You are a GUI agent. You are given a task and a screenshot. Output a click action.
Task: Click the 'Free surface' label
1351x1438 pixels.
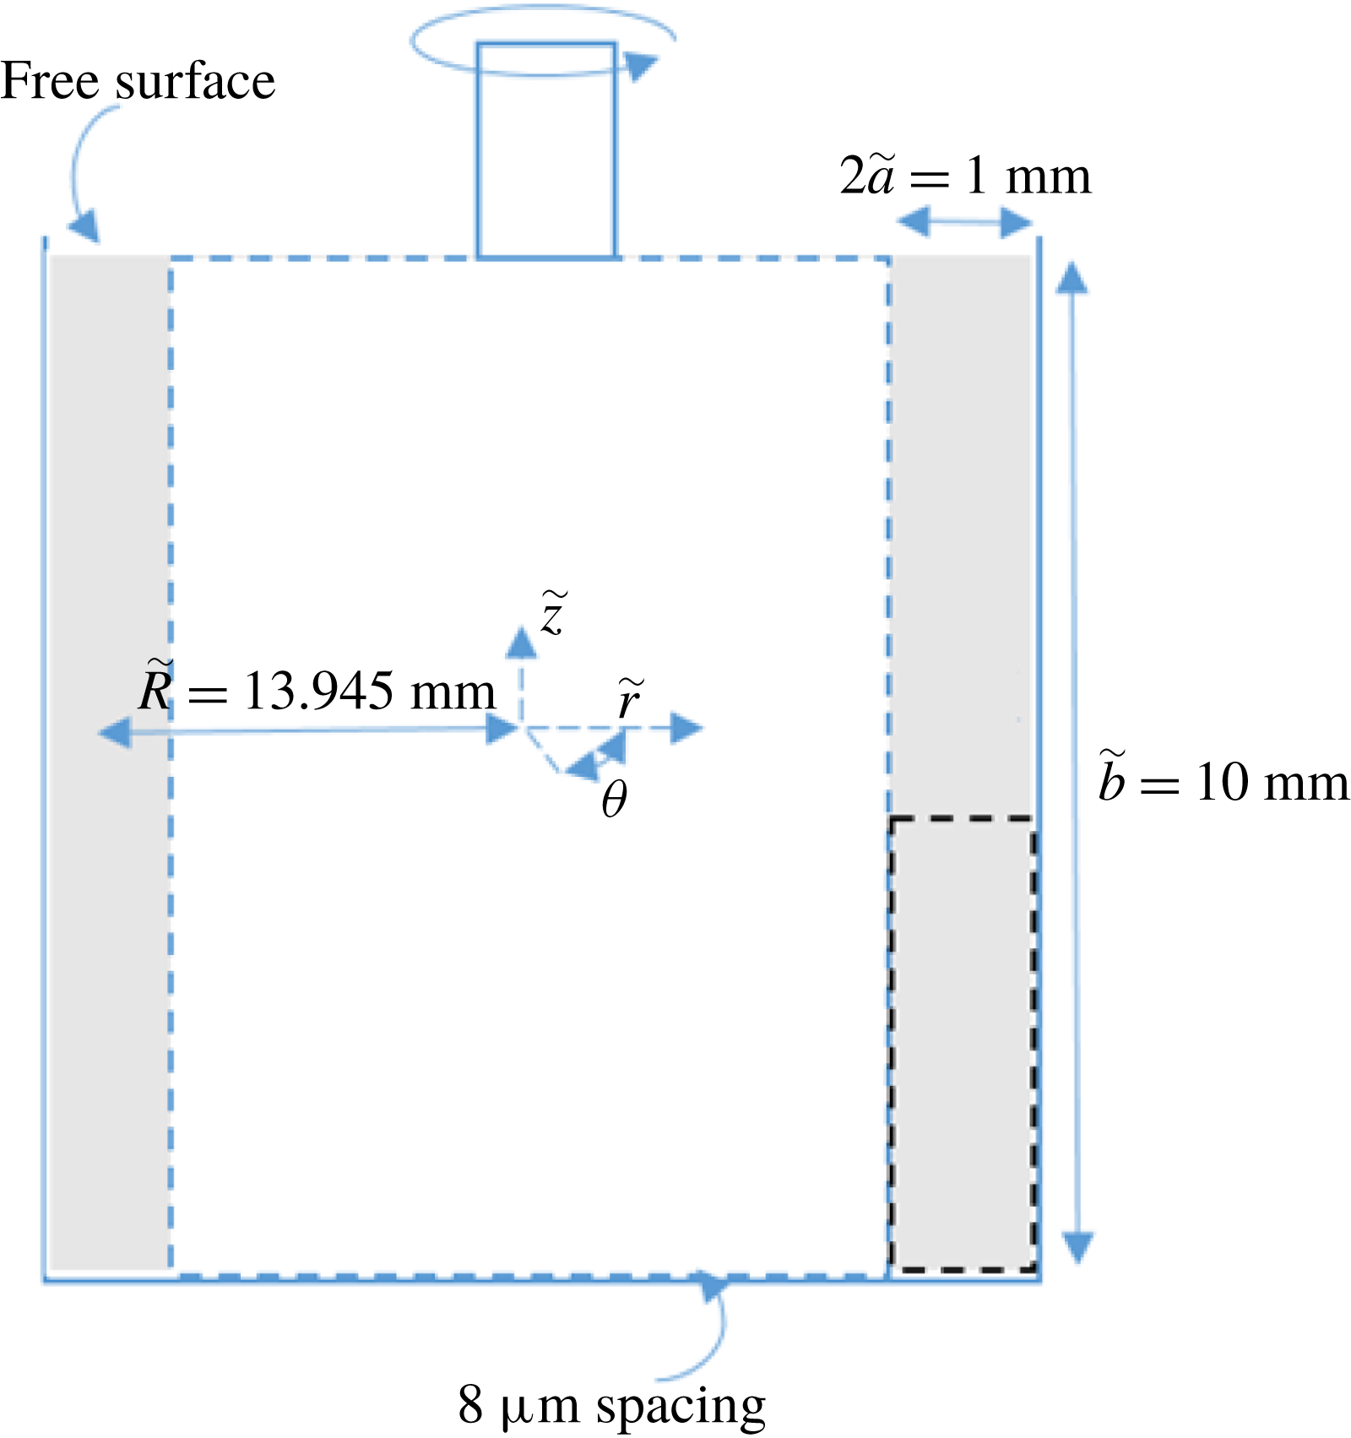click(x=138, y=82)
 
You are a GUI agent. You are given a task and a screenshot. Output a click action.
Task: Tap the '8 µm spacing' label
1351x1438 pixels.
click(x=611, y=1403)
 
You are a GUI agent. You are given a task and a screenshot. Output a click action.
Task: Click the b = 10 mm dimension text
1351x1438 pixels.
click(x=1223, y=781)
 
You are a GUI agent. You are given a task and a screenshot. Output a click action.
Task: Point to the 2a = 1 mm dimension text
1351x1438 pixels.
click(x=965, y=176)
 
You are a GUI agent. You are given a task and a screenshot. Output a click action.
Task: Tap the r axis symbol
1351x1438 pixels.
click(x=629, y=698)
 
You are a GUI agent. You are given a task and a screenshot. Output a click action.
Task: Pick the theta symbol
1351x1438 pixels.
click(x=614, y=798)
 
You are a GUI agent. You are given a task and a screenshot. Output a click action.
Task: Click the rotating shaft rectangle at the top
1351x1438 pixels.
click(x=546, y=150)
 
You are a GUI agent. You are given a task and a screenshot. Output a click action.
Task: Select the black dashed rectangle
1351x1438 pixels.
click(x=962, y=1044)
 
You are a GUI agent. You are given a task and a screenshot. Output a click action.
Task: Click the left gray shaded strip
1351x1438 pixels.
click(x=110, y=760)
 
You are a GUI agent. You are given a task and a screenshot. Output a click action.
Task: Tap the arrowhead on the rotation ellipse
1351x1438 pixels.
click(x=642, y=66)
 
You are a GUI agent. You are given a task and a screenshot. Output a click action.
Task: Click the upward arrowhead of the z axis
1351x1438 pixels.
click(x=521, y=643)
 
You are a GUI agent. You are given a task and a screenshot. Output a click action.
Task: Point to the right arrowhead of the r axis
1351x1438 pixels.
click(x=686, y=728)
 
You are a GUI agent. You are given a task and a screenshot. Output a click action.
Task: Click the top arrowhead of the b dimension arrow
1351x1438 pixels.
click(x=1072, y=279)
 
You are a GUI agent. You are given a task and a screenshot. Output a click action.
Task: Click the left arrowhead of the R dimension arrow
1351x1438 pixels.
click(x=116, y=732)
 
